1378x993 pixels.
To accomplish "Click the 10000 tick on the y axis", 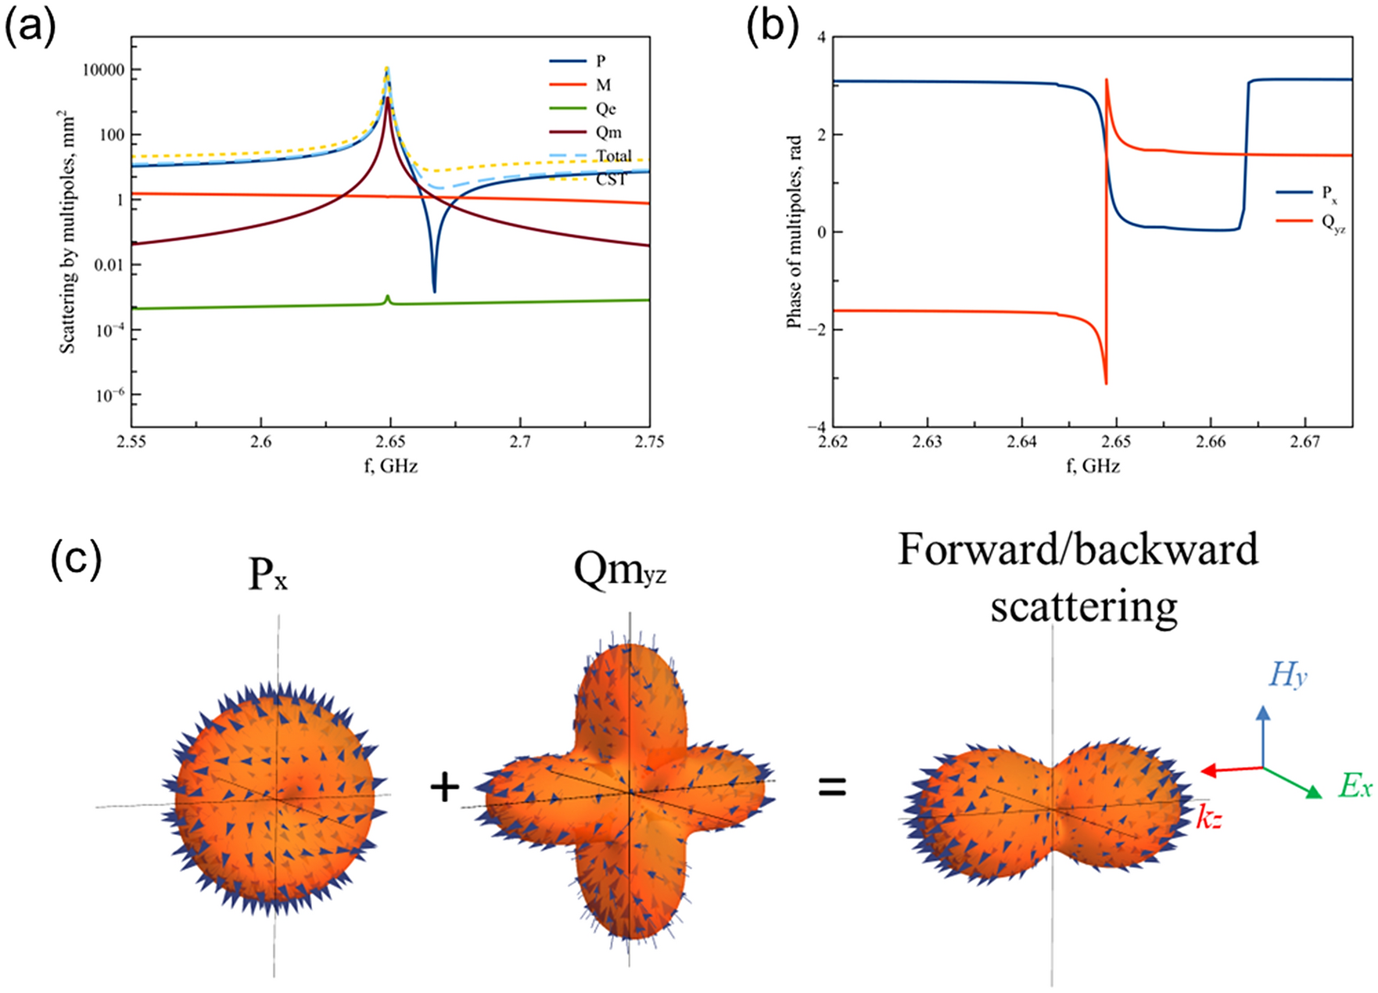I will (x=103, y=70).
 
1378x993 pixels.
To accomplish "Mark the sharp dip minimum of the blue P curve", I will (x=434, y=291).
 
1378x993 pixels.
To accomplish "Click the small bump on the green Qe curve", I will (x=387, y=297).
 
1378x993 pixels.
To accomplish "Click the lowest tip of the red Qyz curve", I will (x=1106, y=383).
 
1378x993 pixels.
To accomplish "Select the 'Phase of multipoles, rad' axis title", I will (x=794, y=231).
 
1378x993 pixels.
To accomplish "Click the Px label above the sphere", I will (x=267, y=576).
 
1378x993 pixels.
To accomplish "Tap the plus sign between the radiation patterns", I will (x=444, y=786).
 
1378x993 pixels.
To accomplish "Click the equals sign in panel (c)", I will (x=832, y=786).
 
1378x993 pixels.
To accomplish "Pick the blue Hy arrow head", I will (x=1263, y=711).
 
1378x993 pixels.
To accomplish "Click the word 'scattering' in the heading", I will (x=1083, y=606).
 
